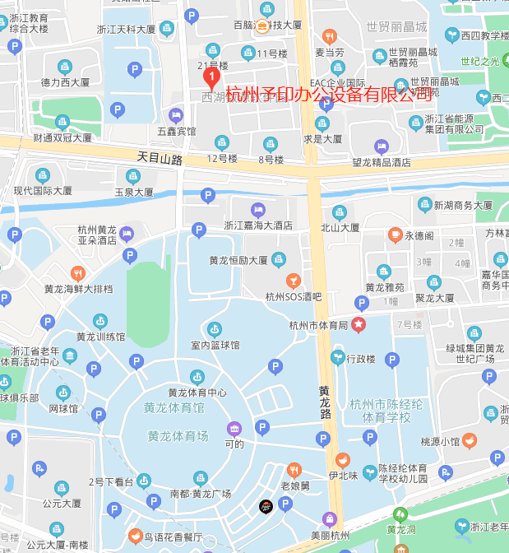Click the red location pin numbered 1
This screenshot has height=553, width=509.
coord(211,78)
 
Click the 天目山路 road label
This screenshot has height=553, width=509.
coord(160,156)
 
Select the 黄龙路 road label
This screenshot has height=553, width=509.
coord(326,402)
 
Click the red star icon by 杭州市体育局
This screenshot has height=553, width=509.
coord(359,324)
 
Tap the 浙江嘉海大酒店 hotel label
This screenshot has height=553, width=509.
coord(258,225)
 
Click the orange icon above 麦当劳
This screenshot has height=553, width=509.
coord(329,36)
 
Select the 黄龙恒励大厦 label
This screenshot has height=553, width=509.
coord(238,260)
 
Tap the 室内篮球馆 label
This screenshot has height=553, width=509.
coord(215,345)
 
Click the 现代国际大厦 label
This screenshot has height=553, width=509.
coord(43,191)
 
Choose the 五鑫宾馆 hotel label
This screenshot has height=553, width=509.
coord(176,131)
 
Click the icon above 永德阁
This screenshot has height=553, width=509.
coord(395,235)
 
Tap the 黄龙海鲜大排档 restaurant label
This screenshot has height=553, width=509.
coord(78,289)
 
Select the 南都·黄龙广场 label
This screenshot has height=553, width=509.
coord(201,494)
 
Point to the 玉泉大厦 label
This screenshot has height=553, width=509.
coord(133,192)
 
